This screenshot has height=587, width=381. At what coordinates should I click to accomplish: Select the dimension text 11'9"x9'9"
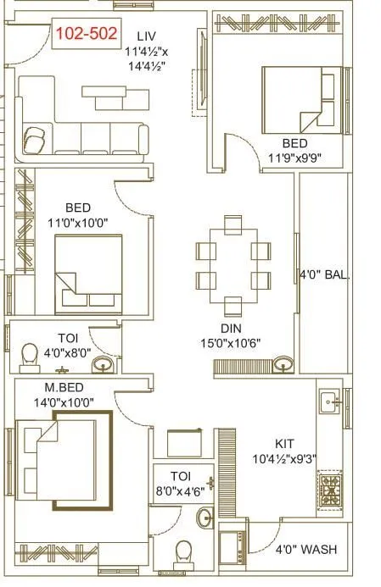pos(294,158)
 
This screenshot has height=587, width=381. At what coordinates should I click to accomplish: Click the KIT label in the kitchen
pos(285,443)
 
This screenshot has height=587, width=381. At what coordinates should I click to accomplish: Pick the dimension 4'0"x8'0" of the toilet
pos(61,350)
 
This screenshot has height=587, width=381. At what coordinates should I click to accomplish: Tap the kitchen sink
pos(328,400)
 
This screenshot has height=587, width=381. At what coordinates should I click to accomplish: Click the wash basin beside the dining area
pos(282,365)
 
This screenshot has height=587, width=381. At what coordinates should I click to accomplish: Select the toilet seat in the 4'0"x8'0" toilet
pos(29,355)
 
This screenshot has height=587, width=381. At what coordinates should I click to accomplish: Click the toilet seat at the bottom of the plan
pos(182,553)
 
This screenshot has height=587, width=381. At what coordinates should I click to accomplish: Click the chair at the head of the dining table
pos(232,225)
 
